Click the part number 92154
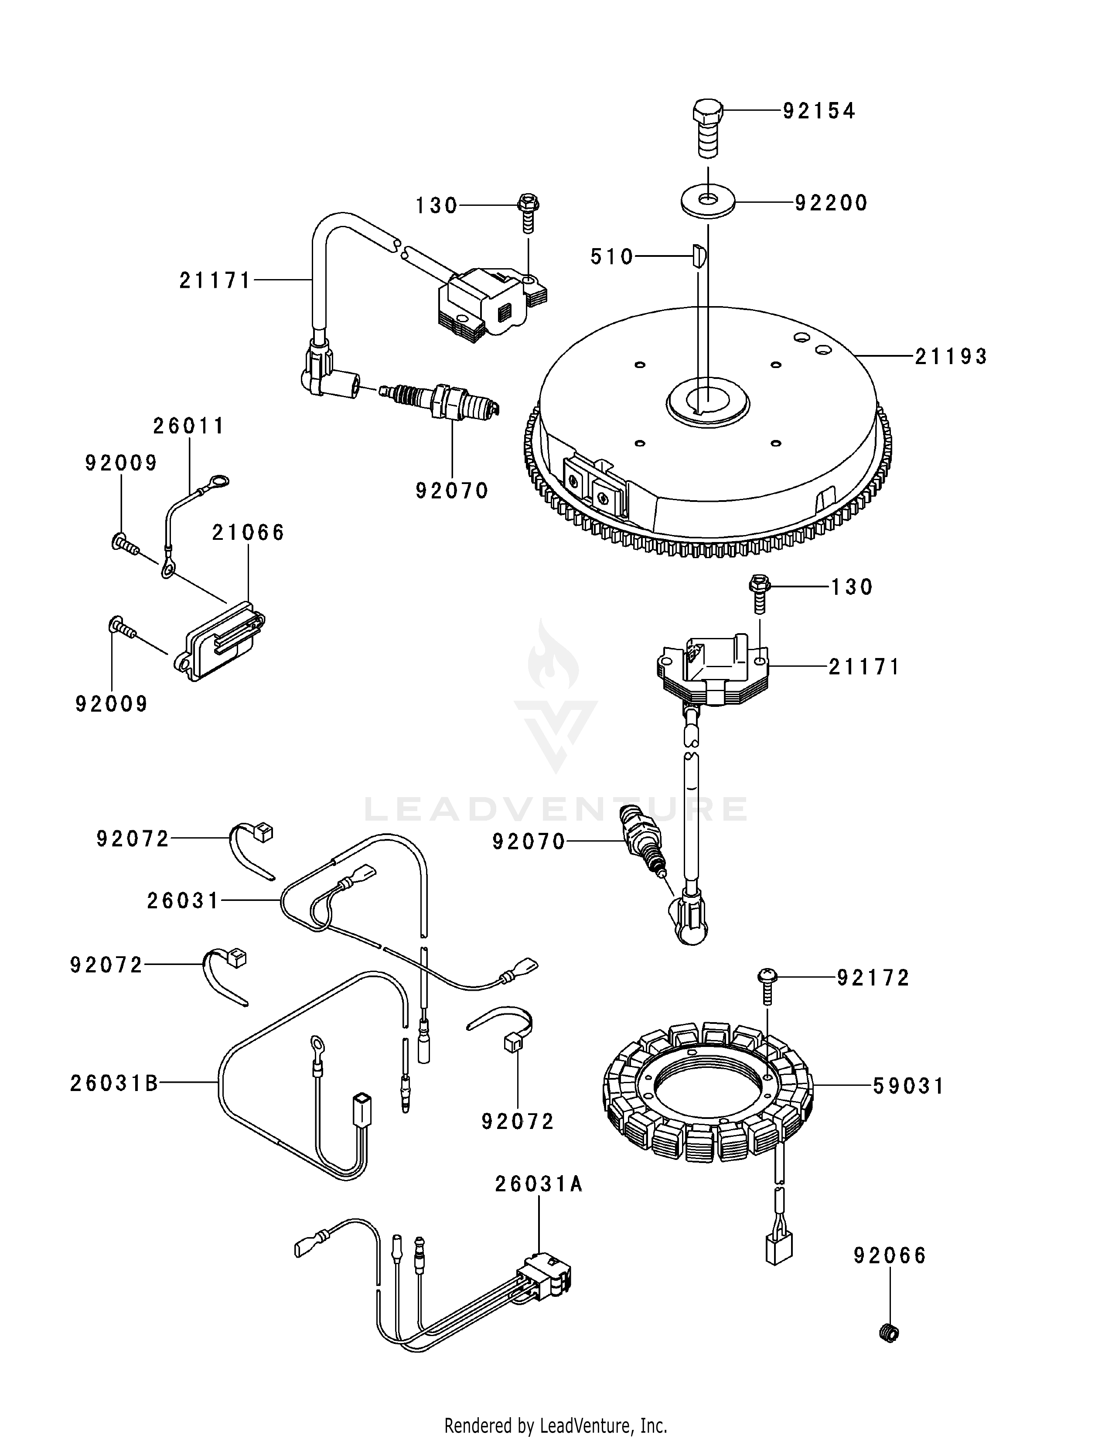(819, 111)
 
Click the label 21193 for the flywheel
(951, 356)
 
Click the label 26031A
(539, 1185)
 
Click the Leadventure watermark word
(556, 809)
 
